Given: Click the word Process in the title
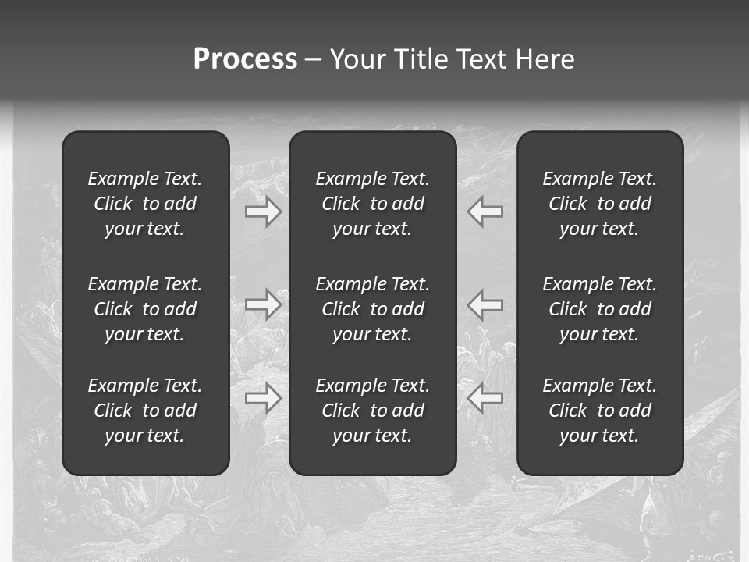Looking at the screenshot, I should click(245, 59).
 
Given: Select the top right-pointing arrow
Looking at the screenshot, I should click(263, 212).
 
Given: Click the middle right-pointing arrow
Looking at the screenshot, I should click(263, 304).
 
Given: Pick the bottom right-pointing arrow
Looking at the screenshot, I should click(263, 398).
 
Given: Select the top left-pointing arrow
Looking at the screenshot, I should click(485, 212).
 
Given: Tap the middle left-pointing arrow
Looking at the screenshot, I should click(485, 304).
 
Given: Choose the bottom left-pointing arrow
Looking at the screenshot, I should click(485, 398).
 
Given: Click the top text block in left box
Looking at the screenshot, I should click(145, 204).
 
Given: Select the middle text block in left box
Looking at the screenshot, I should click(145, 309).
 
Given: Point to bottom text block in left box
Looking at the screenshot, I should click(145, 411).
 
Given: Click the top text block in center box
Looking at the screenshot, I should click(372, 204).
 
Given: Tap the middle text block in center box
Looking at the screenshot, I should click(372, 309).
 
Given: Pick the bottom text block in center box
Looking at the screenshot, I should click(372, 411).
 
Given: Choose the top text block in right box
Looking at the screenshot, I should click(599, 204).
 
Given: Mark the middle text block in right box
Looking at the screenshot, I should click(599, 309).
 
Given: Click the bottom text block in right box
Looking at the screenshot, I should click(599, 411).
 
